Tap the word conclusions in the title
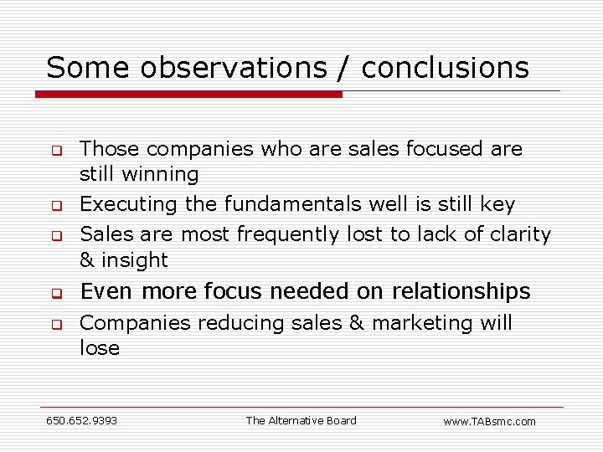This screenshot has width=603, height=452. [446, 68]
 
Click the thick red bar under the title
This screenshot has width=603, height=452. [188, 95]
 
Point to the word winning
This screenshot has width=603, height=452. [162, 175]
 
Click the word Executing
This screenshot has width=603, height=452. [129, 204]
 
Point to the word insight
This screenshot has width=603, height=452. [135, 260]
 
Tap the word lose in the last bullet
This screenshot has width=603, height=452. [100, 348]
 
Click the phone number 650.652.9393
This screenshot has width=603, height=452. [81, 420]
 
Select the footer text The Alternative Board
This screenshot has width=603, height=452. [301, 420]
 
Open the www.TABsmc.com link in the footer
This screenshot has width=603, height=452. [489, 421]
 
